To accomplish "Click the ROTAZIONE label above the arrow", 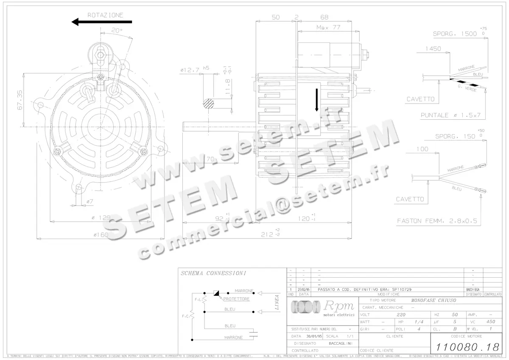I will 105,15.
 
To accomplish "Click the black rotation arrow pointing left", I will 102,22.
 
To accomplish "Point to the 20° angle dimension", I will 117,31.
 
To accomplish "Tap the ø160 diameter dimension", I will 101,234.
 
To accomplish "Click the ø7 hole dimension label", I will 89,200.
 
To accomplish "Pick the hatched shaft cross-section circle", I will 209,104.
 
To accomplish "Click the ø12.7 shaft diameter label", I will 190,71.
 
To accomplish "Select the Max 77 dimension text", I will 328,28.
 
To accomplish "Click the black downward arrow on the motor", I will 316,100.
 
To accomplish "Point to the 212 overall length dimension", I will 268,234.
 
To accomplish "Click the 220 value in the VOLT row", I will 400,315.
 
